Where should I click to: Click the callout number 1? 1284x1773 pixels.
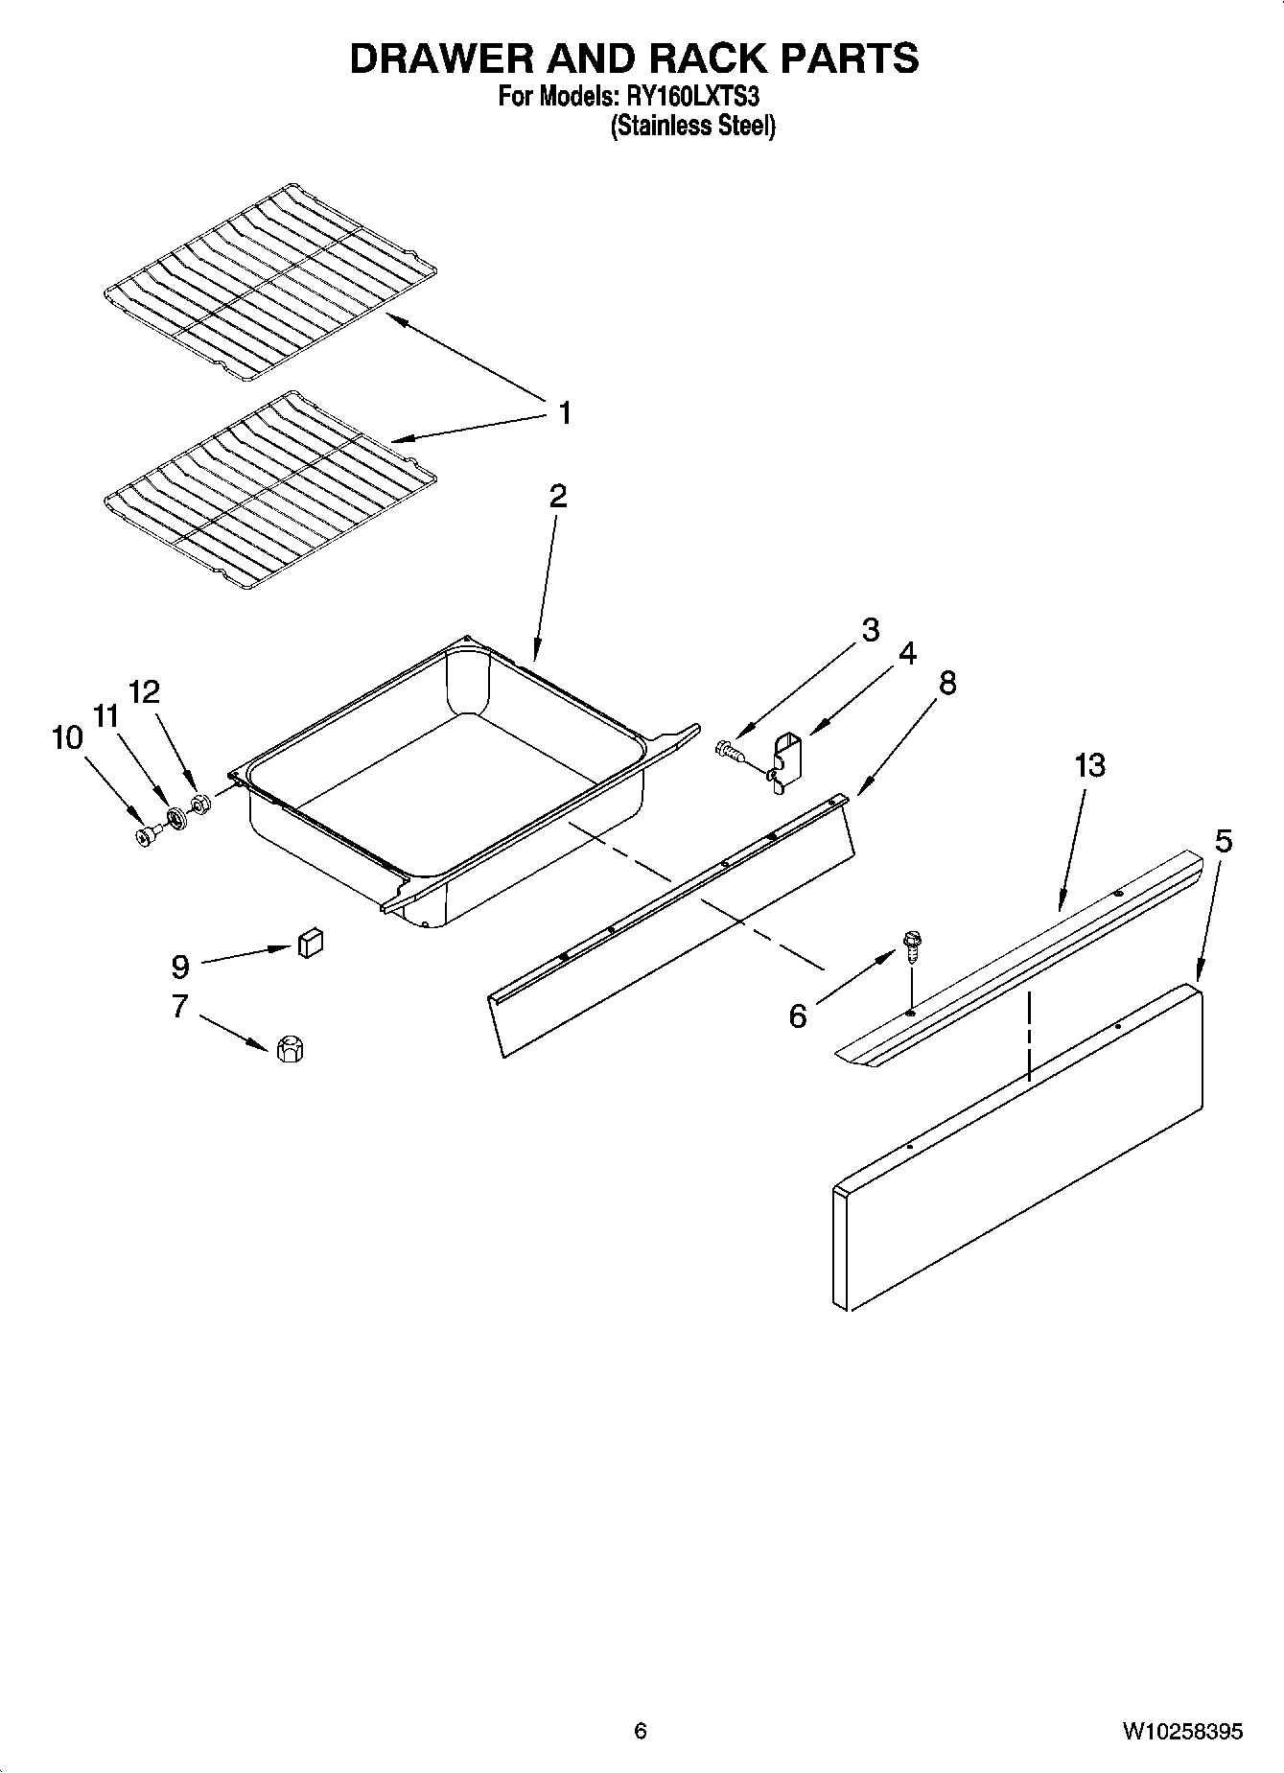[x=565, y=413]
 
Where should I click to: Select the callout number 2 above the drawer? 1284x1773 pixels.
[x=557, y=496]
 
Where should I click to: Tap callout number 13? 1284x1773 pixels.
[x=1089, y=765]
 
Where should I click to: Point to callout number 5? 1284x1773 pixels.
[x=1223, y=841]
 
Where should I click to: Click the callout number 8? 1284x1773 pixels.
[x=947, y=683]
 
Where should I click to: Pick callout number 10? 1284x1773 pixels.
[x=67, y=737]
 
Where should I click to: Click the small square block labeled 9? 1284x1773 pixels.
[x=310, y=944]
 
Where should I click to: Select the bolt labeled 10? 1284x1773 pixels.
[x=146, y=836]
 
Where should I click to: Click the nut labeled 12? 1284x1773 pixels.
[x=200, y=804]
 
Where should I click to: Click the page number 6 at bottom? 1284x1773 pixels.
[x=641, y=1731]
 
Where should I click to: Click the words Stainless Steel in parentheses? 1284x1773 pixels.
[x=693, y=126]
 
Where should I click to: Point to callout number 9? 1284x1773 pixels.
[x=180, y=966]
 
